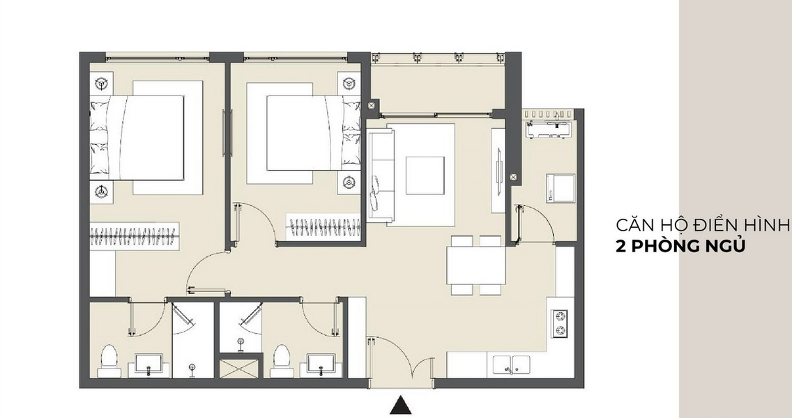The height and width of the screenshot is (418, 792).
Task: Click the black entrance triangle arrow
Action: (401, 405)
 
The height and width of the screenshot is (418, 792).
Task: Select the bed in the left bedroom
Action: (137, 138)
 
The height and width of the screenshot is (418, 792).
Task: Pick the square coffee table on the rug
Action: (425, 175)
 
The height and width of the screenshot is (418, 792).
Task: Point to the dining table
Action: (475, 265)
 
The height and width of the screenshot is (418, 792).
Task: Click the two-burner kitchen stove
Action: (560, 324)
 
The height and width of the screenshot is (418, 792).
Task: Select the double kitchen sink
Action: (512, 364)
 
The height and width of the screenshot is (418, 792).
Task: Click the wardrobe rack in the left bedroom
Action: (135, 235)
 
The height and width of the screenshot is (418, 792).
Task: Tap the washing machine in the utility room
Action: (560, 188)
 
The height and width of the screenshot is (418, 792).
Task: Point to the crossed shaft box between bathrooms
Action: (241, 368)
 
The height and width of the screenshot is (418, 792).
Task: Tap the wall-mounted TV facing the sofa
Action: (498, 170)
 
